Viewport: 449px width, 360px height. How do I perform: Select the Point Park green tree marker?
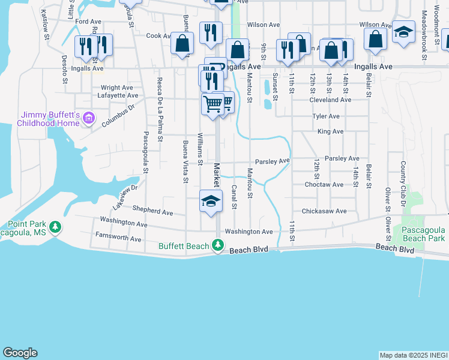tap(56, 227)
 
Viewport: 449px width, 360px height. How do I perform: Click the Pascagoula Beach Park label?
tap(418, 234)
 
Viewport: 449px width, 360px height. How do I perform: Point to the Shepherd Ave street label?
tap(153, 212)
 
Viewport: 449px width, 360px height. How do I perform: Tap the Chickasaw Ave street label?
tap(324, 211)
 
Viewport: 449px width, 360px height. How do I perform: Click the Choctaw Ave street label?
tap(324, 185)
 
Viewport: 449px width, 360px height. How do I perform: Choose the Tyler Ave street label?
tap(327, 116)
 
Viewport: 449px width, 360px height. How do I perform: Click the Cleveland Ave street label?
tap(330, 100)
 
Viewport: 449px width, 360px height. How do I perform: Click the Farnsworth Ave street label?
tap(118, 239)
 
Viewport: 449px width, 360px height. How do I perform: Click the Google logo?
tap(20, 353)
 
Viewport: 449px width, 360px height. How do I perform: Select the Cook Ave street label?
tap(159, 36)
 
